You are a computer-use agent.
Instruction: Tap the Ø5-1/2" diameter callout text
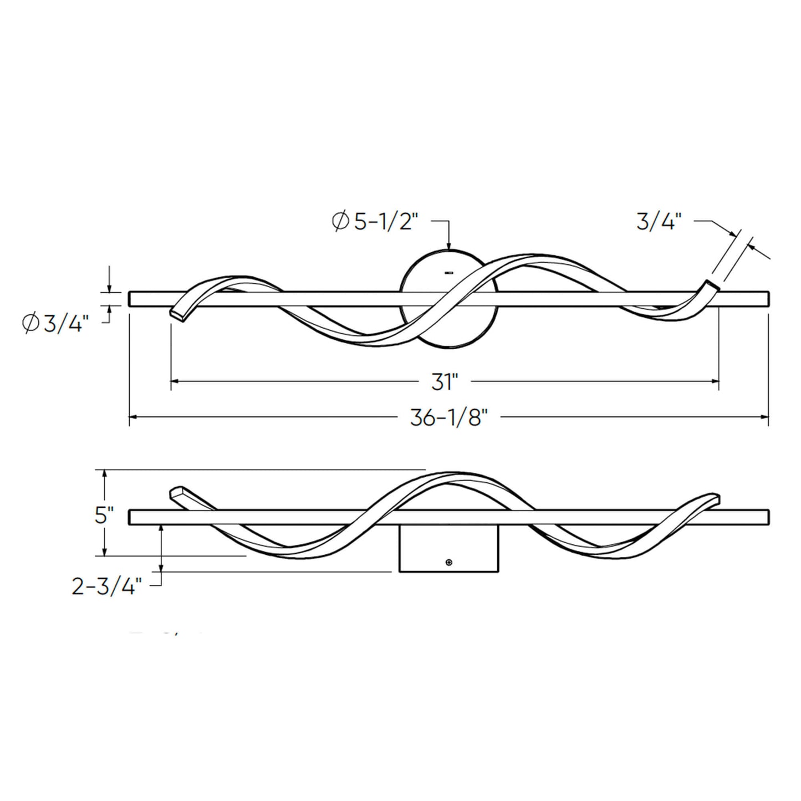(x=374, y=222)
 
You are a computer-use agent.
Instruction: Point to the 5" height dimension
(x=104, y=516)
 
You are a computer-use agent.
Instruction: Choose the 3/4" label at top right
(x=659, y=222)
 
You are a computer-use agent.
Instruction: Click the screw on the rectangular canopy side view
(x=449, y=563)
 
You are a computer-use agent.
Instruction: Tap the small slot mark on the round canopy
(x=449, y=273)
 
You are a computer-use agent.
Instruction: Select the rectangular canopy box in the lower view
(x=449, y=549)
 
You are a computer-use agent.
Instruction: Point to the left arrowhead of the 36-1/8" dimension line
(x=133, y=416)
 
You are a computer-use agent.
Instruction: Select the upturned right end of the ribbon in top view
(x=711, y=286)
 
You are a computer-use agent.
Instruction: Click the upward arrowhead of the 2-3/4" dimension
(x=161, y=529)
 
